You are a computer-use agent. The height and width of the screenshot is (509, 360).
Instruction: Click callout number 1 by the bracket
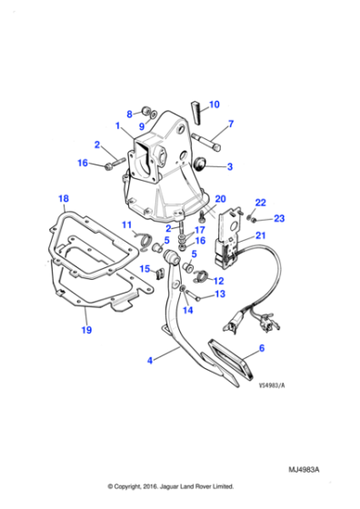click(x=116, y=125)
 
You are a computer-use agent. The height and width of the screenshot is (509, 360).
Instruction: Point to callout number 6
click(x=263, y=348)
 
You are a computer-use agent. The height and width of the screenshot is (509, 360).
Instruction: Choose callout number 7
click(x=231, y=124)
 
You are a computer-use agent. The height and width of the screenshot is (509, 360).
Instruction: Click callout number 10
click(x=215, y=105)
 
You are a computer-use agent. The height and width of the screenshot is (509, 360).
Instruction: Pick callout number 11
click(x=127, y=225)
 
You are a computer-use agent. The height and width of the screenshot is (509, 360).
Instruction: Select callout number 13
click(x=218, y=294)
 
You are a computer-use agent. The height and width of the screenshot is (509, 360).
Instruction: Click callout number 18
click(x=63, y=198)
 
